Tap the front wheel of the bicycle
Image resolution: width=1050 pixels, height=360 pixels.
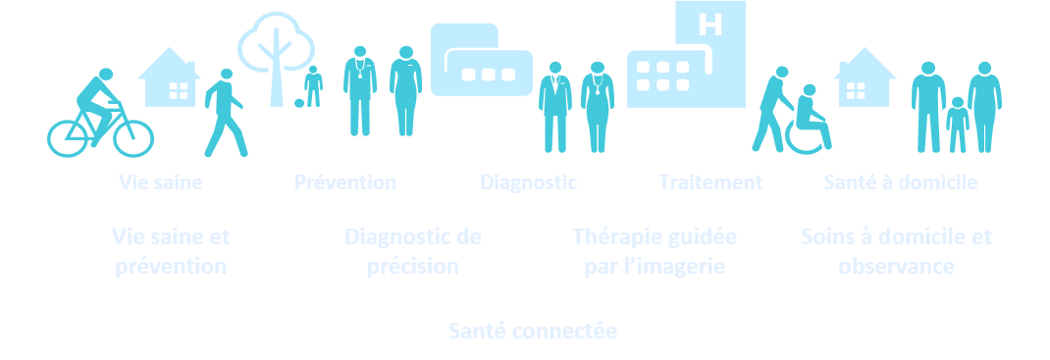133,137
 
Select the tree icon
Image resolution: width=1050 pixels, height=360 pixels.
276,54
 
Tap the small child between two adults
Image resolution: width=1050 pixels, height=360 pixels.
957,123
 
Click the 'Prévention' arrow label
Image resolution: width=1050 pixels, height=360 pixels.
344,182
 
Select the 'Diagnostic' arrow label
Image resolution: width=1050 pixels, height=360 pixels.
528,182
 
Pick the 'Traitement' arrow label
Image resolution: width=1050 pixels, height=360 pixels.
710,182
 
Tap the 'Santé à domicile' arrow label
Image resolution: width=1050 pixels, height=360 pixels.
900,182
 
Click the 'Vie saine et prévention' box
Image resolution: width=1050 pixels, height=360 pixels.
171,252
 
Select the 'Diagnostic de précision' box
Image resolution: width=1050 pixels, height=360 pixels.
413,252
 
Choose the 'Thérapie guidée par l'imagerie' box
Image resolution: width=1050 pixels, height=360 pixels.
654,252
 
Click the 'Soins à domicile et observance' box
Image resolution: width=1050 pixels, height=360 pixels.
896,252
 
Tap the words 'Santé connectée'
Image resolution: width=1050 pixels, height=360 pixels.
532,332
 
